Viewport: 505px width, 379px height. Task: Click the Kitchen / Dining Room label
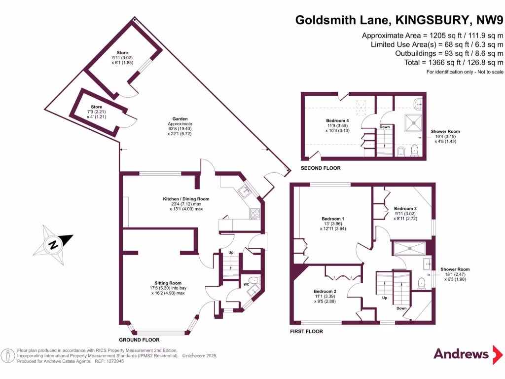pyautogui.click(x=186, y=199)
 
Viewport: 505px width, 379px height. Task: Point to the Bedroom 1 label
pyautogui.click(x=332, y=219)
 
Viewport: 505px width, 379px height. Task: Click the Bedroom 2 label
pyautogui.click(x=325, y=291)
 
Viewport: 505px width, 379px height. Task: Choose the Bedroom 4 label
pyautogui.click(x=337, y=120)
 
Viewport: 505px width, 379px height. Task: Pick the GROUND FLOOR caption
pyautogui.click(x=140, y=340)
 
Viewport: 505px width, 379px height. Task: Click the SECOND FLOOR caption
pyautogui.click(x=321, y=168)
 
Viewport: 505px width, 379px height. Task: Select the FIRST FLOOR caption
pyautogui.click(x=306, y=331)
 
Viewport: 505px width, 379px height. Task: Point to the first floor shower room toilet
pyautogui.click(x=421, y=283)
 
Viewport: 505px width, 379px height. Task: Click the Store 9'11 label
pyautogui.click(x=122, y=52)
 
